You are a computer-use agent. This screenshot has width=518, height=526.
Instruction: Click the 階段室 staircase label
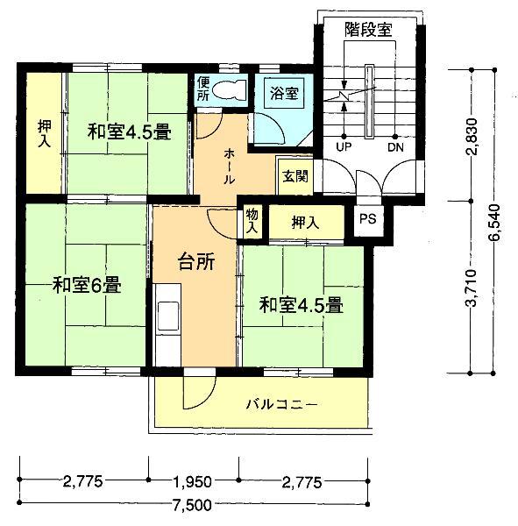[367, 29]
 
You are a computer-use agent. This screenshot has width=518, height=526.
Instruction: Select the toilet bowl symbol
[231, 89]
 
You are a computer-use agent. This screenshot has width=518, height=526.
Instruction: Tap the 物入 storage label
[252, 221]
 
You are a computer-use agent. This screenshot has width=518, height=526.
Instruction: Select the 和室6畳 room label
[86, 285]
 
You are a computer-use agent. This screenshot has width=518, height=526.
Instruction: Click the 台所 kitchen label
[196, 260]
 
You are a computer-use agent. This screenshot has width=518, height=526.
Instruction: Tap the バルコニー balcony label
[280, 405]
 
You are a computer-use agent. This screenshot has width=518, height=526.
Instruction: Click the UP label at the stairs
[344, 147]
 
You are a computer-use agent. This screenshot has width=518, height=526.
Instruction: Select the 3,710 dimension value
[473, 287]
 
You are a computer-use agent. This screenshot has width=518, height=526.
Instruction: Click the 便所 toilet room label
[203, 89]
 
